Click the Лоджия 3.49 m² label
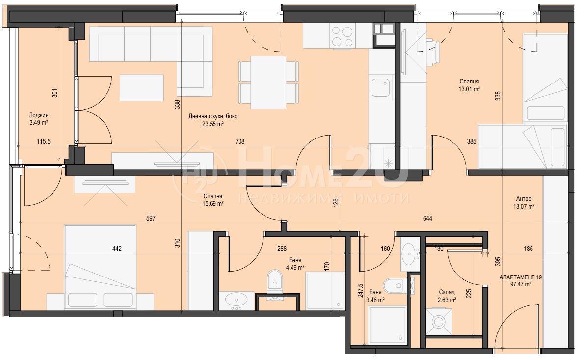point(39,119)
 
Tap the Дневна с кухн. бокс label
point(213,116)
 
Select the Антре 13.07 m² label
point(524,203)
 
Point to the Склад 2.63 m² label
point(447,296)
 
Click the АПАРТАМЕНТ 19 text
point(520,277)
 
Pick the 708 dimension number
point(240,141)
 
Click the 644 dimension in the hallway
point(427,218)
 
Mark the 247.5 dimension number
point(360,290)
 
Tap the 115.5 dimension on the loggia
point(44,141)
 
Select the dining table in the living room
point(268,82)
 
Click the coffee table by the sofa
point(142,88)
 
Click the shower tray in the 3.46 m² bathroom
point(387,325)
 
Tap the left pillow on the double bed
point(83,300)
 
